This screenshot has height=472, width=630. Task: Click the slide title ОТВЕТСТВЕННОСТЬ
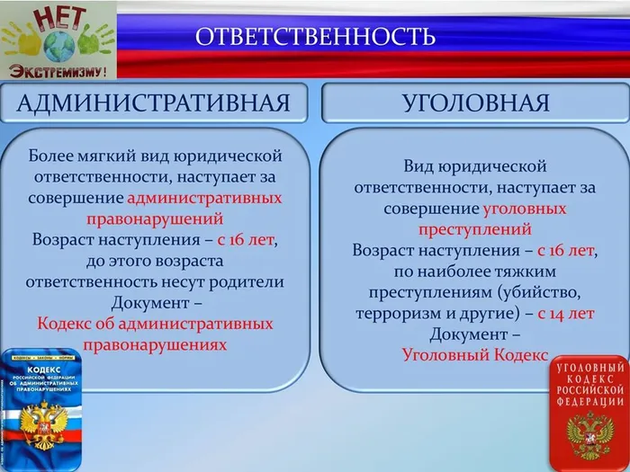point(315,37)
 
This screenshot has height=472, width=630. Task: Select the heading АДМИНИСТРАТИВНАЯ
point(154,102)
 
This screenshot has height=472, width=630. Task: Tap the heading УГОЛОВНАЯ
point(475,102)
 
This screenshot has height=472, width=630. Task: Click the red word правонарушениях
point(155,344)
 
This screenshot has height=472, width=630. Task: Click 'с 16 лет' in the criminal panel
point(566,250)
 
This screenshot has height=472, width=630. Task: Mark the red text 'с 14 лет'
point(566,313)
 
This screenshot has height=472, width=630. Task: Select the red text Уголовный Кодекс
point(475,355)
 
